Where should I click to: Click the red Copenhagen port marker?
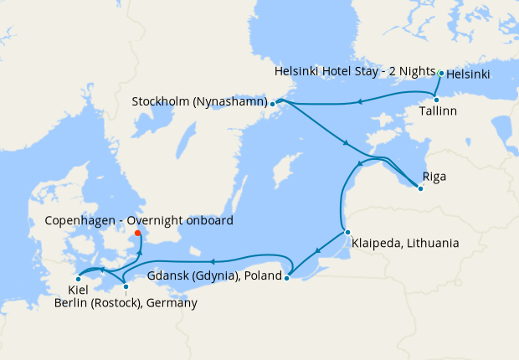click(138, 234)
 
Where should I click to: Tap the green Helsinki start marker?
click(441, 74)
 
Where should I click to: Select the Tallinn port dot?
click(436, 100)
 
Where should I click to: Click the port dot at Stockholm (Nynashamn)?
click(272, 104)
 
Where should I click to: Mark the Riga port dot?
click(420, 188)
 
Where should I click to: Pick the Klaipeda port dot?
click(347, 232)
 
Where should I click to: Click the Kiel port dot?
click(78, 279)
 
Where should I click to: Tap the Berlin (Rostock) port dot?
click(126, 287)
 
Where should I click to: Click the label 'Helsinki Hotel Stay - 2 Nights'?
click(355, 74)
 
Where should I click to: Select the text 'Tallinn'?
click(438, 111)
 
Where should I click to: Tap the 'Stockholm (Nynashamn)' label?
click(198, 102)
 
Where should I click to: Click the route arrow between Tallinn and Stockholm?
click(359, 103)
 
